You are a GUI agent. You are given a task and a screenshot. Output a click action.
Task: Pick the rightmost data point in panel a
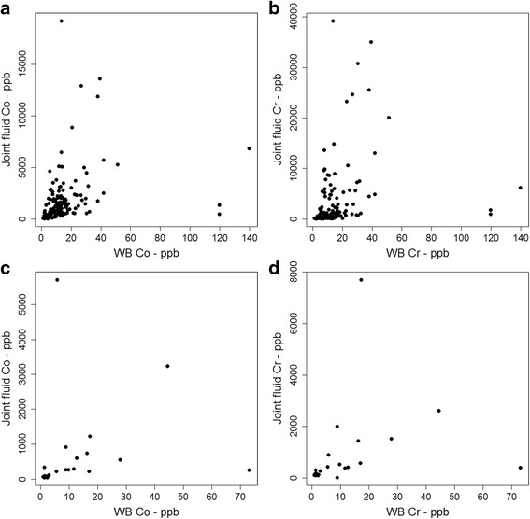(x=249, y=148)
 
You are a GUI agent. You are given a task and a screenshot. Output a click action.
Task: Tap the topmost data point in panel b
(x=332, y=21)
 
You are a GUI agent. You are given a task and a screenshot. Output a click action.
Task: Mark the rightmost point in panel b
(x=520, y=188)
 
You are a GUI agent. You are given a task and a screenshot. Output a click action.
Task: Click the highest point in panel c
(x=57, y=279)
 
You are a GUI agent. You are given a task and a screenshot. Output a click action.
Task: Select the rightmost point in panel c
(x=249, y=470)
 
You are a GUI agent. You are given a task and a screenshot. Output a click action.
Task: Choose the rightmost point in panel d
(x=520, y=468)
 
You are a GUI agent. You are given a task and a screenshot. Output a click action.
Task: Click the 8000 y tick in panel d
(x=298, y=277)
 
